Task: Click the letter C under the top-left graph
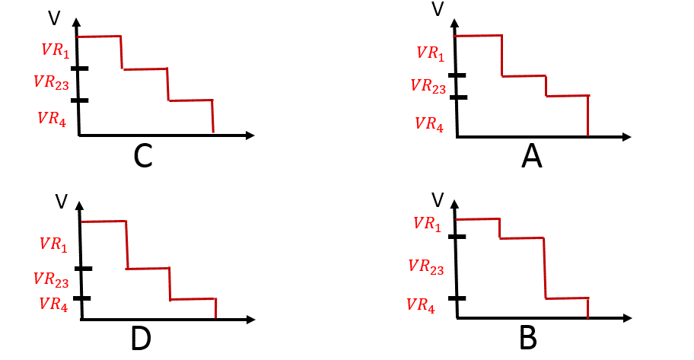tap(143, 156)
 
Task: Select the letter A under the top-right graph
tap(532, 157)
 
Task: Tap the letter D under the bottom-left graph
tap(142, 339)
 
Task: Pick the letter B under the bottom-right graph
tap(528, 337)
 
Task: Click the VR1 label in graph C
tap(56, 50)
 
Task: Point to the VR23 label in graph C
tap(51, 82)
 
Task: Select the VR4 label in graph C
tap(52, 119)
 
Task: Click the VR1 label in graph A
tap(430, 53)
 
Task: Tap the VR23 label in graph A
tap(428, 85)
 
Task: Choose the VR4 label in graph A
tap(429, 123)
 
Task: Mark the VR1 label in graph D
tap(53, 244)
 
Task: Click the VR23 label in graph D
tap(51, 280)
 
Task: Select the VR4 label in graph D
tap(53, 304)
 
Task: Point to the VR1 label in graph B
tap(428, 224)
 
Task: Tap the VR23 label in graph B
tap(426, 266)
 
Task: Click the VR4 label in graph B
tap(421, 305)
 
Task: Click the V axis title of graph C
tap(54, 18)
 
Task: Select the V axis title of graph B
tap(438, 200)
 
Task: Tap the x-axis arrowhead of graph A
tap(626, 137)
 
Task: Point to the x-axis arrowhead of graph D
tap(251, 319)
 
